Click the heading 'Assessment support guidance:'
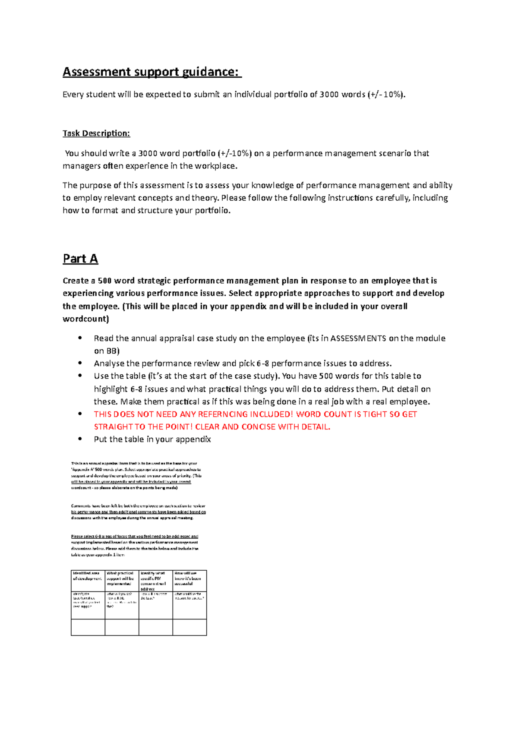(x=152, y=72)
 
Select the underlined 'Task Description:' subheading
(x=96, y=133)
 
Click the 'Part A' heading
(x=80, y=259)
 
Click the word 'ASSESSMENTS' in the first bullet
(x=358, y=338)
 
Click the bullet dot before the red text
(x=80, y=414)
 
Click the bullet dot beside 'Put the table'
(x=80, y=439)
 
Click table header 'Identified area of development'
(x=88, y=576)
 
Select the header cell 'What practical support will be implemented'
(x=121, y=579)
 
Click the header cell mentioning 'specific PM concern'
(x=155, y=581)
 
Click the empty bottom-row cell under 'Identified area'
(x=88, y=627)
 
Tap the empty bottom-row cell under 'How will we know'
(x=190, y=627)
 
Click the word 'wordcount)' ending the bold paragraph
(x=86, y=319)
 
